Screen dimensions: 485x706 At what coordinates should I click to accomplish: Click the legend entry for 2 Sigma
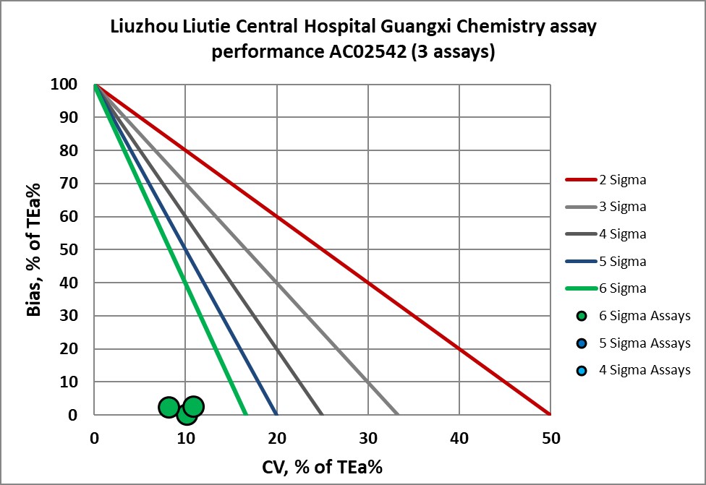pos(623,180)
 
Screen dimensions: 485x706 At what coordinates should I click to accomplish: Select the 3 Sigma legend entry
pos(623,207)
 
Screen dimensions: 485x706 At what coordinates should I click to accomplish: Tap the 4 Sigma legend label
pos(623,234)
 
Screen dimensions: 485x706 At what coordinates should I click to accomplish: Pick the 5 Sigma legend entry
pos(623,261)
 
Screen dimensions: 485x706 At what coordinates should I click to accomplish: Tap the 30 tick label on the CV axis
pos(368,437)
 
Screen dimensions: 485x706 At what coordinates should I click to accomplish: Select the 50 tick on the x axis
pos(550,437)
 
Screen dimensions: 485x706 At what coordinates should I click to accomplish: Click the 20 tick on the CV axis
pos(277,437)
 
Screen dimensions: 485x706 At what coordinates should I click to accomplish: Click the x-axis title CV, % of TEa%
pos(322,466)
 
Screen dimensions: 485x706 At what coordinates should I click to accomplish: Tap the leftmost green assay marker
pos(169,408)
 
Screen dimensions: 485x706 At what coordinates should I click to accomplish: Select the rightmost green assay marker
pos(194,406)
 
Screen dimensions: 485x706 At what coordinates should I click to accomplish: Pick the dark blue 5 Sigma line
pos(185,249)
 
